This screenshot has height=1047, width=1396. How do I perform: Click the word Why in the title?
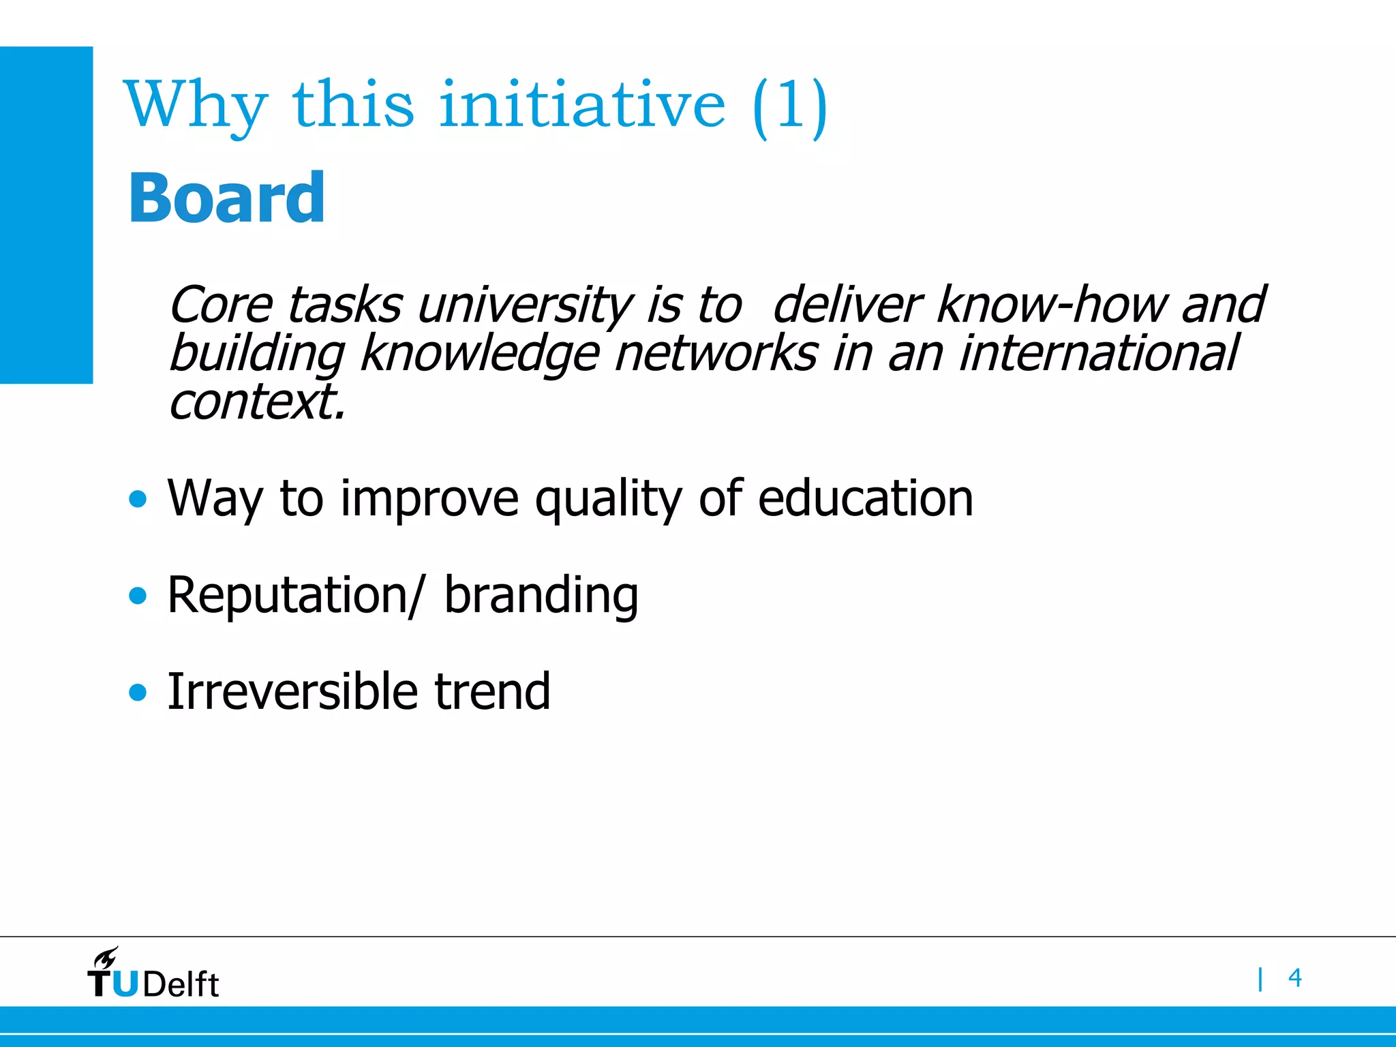point(196,106)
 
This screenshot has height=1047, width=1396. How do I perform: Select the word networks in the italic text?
point(715,353)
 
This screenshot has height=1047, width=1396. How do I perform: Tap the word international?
point(1098,353)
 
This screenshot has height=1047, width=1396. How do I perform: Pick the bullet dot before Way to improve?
point(138,500)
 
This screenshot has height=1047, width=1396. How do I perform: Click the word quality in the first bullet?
point(608,500)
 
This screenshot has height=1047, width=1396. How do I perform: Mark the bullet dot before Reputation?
point(138,596)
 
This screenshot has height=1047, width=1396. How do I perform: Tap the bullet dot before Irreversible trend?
point(138,693)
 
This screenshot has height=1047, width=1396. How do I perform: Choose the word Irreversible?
point(292,692)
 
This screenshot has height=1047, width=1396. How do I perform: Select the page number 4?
point(1294,978)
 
